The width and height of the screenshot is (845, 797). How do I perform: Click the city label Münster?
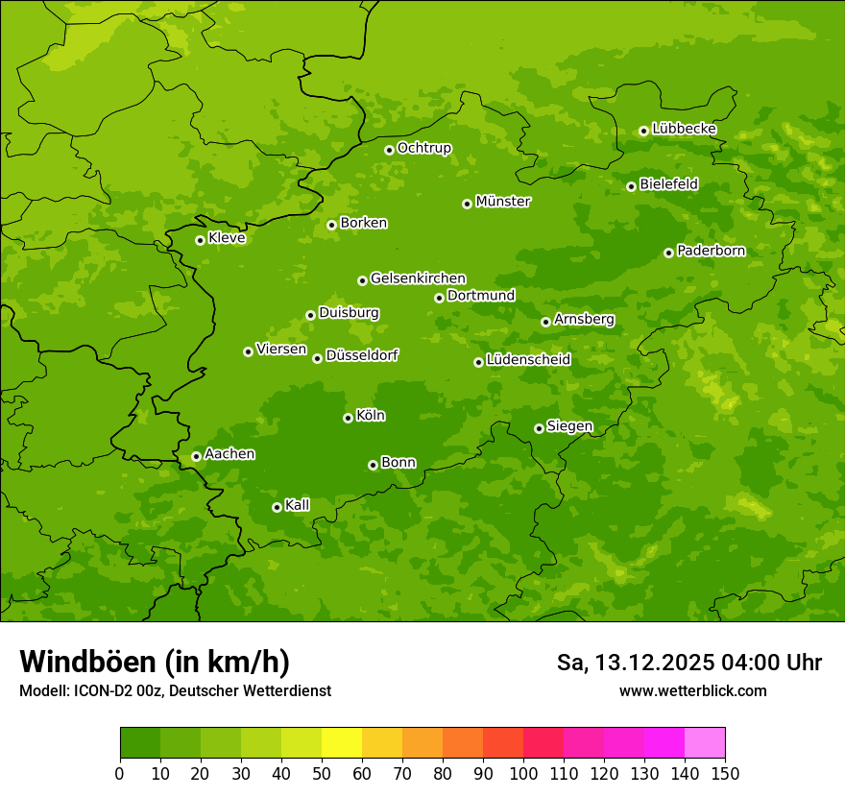pos(503,202)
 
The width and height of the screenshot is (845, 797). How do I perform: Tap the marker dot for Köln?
pos(348,418)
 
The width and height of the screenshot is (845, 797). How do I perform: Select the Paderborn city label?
pos(711,251)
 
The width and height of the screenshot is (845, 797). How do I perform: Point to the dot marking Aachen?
pos(196,456)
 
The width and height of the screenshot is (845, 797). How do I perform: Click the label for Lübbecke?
pos(684,129)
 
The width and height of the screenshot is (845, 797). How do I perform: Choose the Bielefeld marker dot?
pos(631,186)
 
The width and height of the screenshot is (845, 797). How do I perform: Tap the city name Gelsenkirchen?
pos(418,278)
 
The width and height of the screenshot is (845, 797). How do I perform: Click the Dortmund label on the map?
pos(481,296)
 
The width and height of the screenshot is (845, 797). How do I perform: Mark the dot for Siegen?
pos(539,428)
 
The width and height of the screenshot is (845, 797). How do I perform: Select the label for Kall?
pos(298,505)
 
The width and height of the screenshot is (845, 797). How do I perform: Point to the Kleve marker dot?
pos(200,240)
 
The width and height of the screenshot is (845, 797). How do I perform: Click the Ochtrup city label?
pos(424,148)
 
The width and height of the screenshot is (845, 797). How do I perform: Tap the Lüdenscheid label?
pos(528,360)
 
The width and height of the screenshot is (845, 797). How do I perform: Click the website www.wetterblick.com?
pos(692,691)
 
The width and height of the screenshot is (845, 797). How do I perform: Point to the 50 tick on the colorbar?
pos(322,774)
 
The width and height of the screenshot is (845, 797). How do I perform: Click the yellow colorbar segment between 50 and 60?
pos(342,743)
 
